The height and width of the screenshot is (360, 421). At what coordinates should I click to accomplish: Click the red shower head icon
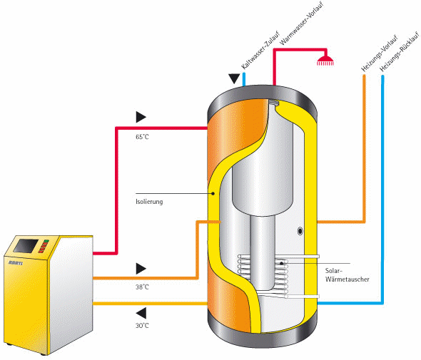[325, 61]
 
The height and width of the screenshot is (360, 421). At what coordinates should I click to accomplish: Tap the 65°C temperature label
[142, 137]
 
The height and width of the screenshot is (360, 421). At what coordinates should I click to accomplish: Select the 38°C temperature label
[142, 287]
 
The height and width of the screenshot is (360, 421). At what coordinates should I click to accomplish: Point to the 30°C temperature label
[142, 326]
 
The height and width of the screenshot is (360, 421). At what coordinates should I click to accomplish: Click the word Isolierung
[149, 202]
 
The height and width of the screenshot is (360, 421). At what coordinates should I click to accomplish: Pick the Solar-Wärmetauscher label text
[348, 275]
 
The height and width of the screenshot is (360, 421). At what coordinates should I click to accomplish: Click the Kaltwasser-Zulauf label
[260, 50]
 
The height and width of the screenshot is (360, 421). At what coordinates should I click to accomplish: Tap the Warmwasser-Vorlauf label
[302, 24]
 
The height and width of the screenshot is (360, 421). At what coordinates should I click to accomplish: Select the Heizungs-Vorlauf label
[379, 53]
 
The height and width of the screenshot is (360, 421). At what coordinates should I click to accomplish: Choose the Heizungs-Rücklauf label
[400, 51]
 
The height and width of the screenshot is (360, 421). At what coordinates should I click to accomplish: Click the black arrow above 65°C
[141, 117]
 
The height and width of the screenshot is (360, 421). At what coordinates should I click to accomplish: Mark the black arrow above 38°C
[141, 269]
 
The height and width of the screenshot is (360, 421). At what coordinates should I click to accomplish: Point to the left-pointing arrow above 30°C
[141, 313]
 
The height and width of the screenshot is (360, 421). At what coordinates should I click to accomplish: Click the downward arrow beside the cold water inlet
[234, 79]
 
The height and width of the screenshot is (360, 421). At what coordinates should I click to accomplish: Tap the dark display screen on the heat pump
[26, 246]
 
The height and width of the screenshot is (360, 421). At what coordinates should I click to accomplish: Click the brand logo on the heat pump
[16, 262]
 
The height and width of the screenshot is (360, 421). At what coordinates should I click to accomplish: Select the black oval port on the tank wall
[300, 231]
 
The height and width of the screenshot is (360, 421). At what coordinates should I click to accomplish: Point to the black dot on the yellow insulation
[213, 193]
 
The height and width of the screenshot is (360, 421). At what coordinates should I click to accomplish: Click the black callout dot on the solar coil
[281, 264]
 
